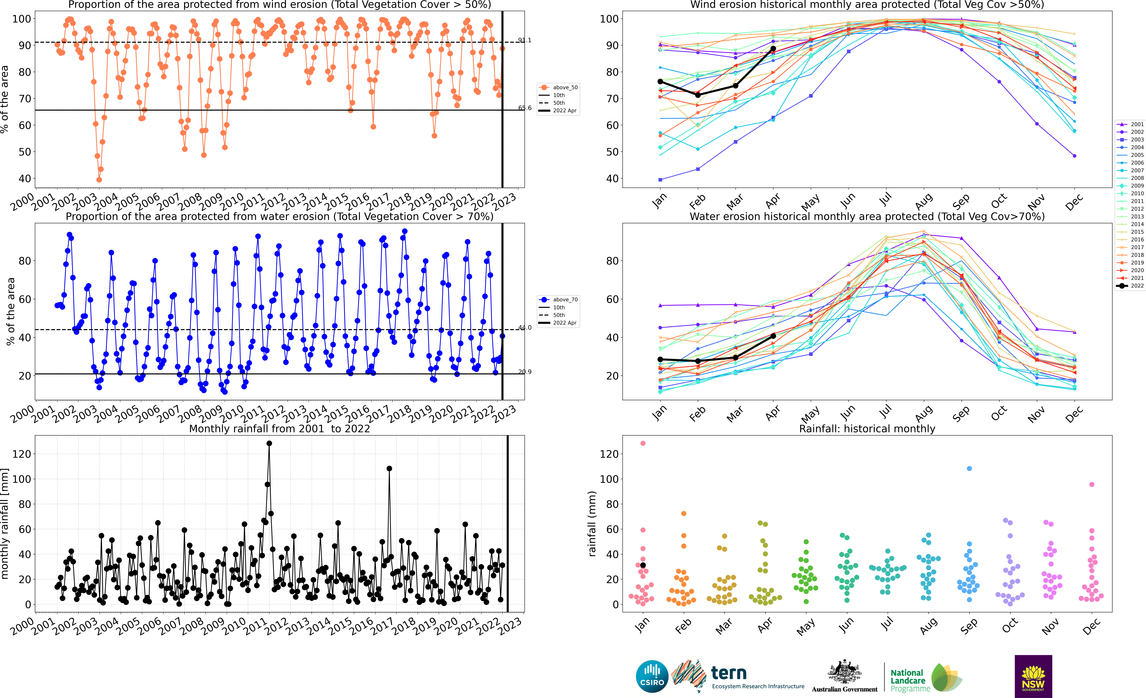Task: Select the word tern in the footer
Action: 729,673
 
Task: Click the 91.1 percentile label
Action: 525,40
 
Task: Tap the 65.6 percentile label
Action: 525,108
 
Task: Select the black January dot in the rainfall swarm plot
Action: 643,565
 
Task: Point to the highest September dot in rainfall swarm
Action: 969,469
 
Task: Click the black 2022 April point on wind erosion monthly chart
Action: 773,48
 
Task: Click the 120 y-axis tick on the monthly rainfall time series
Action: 21,454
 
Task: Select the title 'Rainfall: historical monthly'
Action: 867,429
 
